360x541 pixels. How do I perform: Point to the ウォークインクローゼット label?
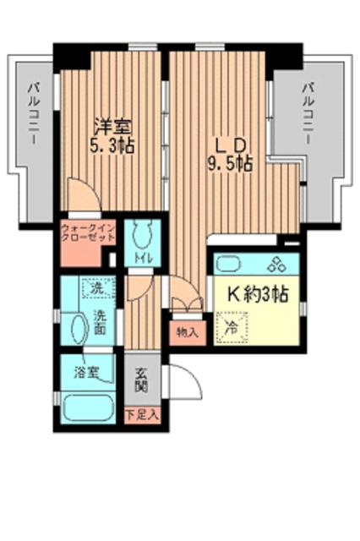(x=88, y=233)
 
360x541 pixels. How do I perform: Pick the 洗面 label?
(x=100, y=324)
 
